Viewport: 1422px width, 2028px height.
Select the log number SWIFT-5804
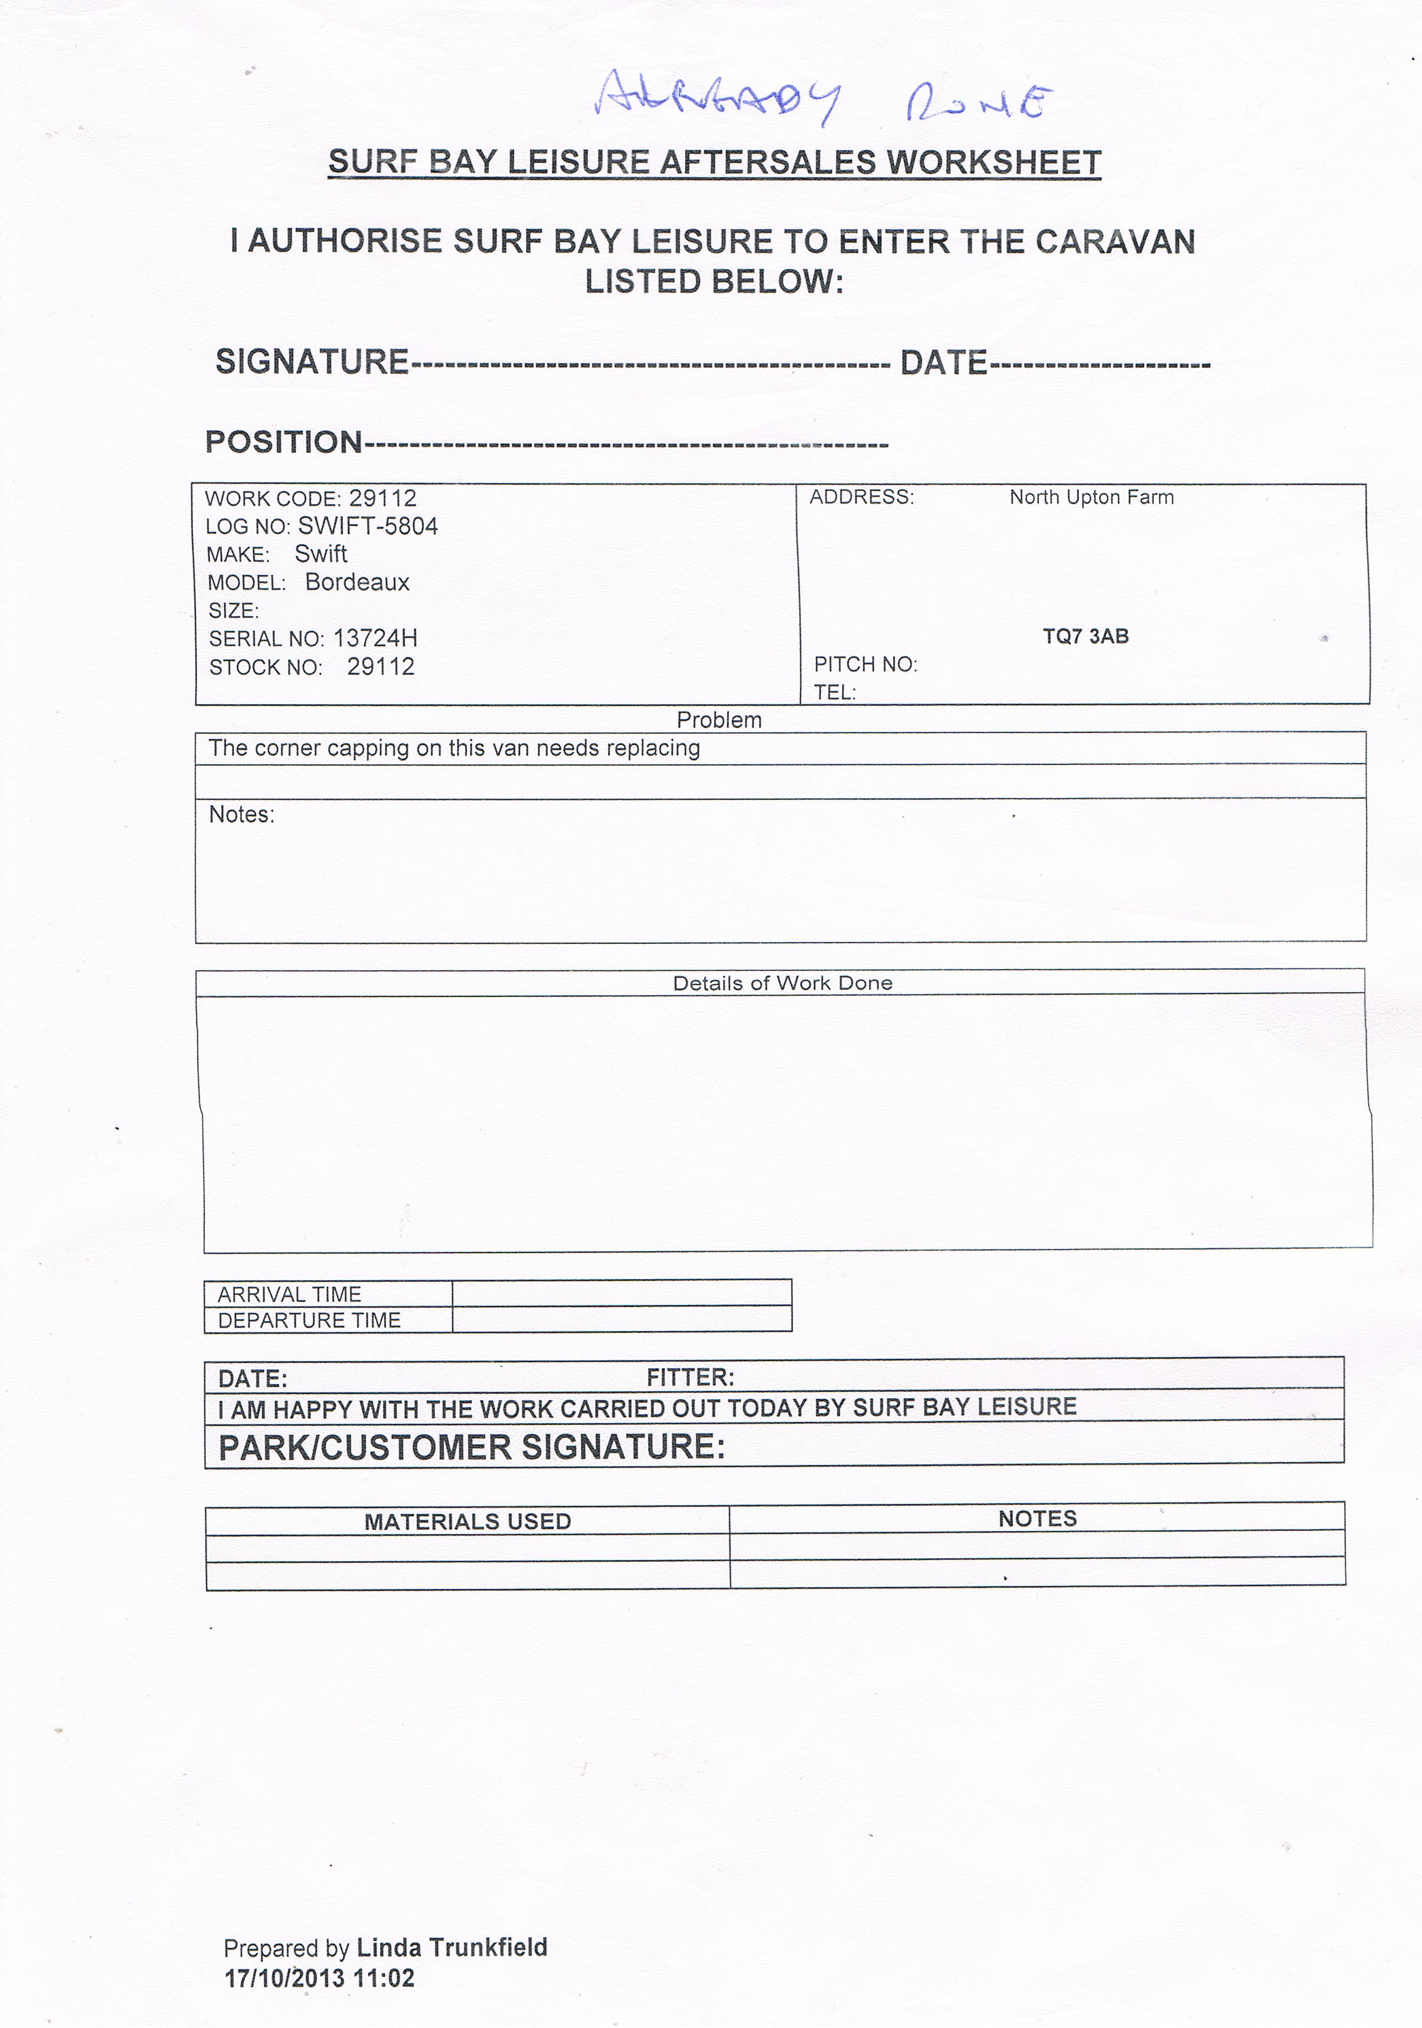tap(367, 526)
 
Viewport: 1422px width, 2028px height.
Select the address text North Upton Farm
tap(1091, 498)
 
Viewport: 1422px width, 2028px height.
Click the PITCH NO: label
tap(865, 664)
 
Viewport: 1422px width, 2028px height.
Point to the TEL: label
tap(835, 692)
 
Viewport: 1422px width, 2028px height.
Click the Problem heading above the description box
tap(719, 720)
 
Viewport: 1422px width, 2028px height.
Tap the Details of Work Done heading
tap(783, 983)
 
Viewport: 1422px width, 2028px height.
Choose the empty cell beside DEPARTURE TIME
tap(621, 1320)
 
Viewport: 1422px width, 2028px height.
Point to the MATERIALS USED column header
tap(468, 1521)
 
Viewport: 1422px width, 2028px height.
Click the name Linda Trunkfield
tap(452, 1948)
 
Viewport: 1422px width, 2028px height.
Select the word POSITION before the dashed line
tap(283, 441)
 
